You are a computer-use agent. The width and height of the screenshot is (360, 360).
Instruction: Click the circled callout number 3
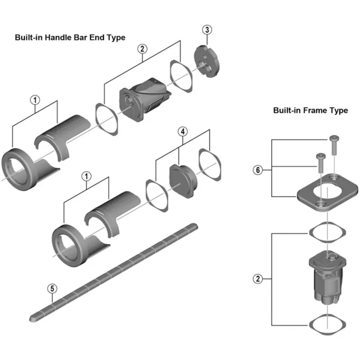point(207,30)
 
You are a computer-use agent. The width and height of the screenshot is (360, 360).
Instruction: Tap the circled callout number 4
point(182,131)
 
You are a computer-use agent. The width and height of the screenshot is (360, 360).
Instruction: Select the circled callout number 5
point(52,288)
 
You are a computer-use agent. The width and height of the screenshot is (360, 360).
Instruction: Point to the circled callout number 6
point(257,170)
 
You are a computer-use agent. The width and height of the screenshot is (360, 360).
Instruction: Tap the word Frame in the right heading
point(316,110)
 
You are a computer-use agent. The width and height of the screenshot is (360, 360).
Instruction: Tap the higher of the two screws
point(333,144)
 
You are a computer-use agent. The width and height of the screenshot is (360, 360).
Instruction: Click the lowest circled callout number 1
point(85,175)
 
